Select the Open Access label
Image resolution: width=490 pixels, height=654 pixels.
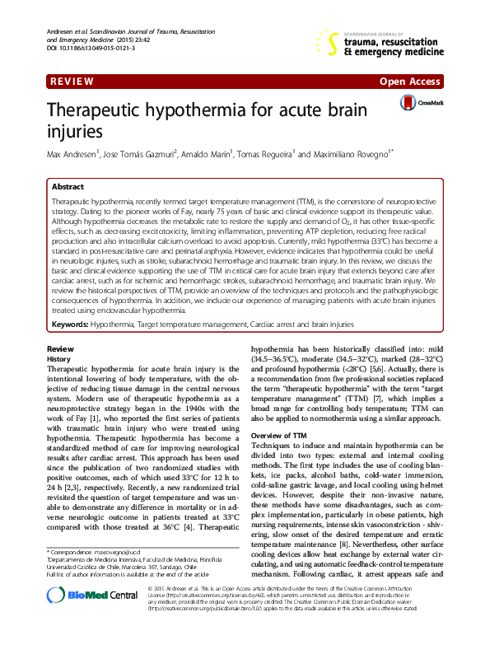point(410,83)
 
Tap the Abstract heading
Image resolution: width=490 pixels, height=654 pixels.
point(69,187)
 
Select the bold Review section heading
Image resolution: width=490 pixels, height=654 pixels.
point(60,350)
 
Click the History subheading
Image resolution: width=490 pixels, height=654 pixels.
point(59,360)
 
